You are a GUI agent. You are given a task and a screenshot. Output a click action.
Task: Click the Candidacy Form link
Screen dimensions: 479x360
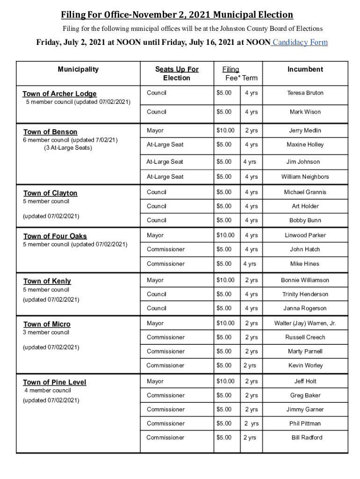[300, 43]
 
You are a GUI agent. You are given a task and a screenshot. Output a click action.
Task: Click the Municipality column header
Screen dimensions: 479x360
[78, 69]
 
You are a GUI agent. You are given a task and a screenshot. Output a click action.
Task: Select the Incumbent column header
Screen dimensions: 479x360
[305, 69]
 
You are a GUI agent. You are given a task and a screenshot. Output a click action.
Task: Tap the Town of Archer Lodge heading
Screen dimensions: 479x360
[60, 94]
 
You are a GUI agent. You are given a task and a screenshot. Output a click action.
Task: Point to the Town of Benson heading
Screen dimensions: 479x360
[50, 132]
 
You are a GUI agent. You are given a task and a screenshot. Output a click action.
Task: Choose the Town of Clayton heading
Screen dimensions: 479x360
[50, 193]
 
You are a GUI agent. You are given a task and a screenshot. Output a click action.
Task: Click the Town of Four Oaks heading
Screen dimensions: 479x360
[55, 236]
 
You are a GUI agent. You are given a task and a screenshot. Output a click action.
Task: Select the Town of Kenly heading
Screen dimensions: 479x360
[47, 281]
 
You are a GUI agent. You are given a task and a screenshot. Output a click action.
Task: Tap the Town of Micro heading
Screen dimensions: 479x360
[47, 324]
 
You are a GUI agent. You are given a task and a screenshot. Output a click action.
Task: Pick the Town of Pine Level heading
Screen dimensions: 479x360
[55, 382]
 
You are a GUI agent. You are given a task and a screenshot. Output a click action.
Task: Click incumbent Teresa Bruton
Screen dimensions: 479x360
[305, 93]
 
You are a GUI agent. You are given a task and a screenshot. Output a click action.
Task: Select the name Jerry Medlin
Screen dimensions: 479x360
[305, 131]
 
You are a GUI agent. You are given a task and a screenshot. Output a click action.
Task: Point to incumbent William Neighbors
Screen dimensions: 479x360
[305, 177]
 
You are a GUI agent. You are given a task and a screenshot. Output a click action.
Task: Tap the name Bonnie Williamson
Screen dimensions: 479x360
[305, 280]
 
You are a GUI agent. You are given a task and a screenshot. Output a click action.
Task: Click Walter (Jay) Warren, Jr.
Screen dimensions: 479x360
[305, 323]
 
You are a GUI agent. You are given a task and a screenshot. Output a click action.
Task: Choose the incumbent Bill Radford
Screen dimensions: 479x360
[307, 438]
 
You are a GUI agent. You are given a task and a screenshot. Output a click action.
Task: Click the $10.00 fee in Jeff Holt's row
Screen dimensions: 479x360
[225, 381]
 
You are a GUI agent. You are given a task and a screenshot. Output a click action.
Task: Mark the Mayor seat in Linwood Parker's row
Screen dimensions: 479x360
[155, 235]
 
